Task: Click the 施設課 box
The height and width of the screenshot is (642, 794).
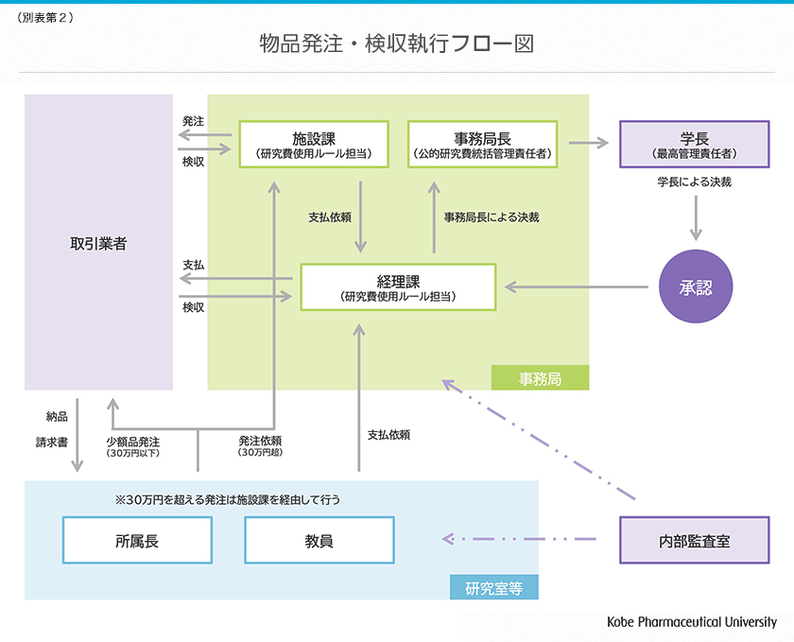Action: point(313,144)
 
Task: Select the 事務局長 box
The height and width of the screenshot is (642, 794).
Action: point(482,144)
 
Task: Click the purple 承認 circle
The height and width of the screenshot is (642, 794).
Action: point(696,286)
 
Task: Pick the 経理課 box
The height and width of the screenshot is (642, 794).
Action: point(398,286)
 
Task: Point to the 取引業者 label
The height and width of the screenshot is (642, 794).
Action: point(98,243)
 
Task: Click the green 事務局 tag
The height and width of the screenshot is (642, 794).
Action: point(540,378)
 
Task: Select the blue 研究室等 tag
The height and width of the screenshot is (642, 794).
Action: point(493,587)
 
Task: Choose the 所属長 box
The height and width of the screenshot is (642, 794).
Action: point(137,540)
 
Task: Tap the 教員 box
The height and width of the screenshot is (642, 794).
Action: point(319,540)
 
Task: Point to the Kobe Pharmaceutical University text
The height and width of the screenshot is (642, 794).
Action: point(692,621)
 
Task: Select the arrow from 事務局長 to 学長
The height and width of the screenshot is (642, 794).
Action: point(588,144)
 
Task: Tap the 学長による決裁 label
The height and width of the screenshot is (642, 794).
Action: point(695,182)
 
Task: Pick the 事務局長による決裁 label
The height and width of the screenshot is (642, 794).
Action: point(492,217)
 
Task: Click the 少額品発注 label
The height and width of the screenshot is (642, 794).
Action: point(132,442)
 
